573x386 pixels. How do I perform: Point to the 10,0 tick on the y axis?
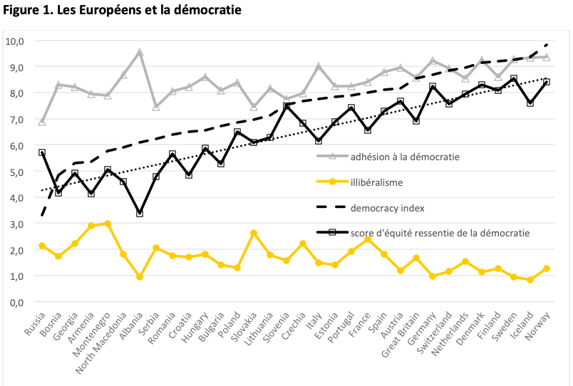click(15, 41)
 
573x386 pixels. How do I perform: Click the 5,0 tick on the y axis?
click(15, 172)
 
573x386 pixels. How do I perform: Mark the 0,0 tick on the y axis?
click(15, 302)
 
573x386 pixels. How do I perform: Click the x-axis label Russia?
click(35, 325)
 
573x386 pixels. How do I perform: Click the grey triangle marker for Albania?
click(140, 53)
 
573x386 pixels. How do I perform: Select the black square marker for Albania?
click(140, 213)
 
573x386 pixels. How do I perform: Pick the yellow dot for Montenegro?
click(108, 224)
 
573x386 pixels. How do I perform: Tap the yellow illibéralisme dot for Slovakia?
click(254, 233)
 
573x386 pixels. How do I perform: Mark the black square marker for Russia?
click(42, 152)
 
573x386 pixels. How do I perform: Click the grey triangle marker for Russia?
click(42, 122)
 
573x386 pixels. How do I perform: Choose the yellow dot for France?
click(368, 239)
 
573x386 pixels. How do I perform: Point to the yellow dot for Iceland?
click(530, 280)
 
